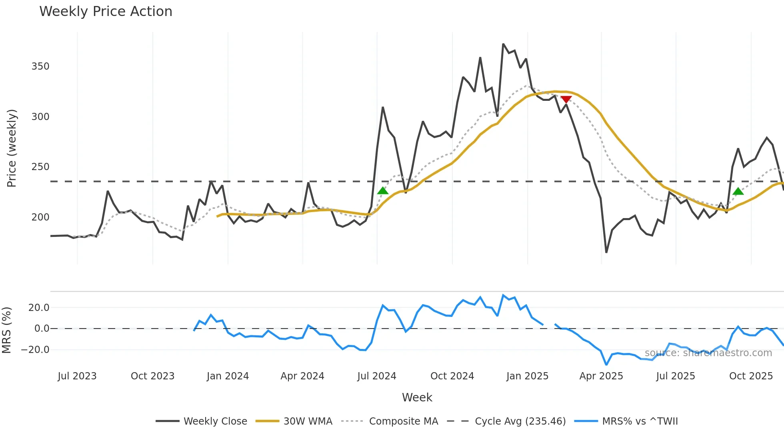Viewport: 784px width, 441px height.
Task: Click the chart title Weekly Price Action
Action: click(x=106, y=12)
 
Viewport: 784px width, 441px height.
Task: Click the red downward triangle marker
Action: click(x=566, y=99)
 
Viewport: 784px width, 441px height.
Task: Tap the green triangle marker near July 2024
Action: click(x=383, y=191)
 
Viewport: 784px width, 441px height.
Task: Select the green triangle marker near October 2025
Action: click(x=738, y=191)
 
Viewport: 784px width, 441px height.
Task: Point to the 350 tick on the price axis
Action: click(x=40, y=66)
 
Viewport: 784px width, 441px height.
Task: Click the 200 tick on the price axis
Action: click(x=40, y=217)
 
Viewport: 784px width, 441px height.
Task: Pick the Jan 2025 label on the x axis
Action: click(x=527, y=376)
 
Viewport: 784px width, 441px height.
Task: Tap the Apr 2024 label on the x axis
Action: click(x=302, y=376)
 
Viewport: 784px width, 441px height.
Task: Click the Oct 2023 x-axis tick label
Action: click(x=152, y=376)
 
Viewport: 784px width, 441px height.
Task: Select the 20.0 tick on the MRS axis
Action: click(x=39, y=308)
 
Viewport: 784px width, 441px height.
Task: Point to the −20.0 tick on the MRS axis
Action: click(x=35, y=350)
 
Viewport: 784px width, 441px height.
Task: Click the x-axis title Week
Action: click(x=417, y=397)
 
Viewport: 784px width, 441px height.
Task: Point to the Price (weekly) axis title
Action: click(x=12, y=148)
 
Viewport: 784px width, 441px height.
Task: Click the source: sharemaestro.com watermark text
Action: click(x=708, y=353)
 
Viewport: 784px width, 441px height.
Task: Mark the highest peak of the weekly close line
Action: click(x=503, y=44)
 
